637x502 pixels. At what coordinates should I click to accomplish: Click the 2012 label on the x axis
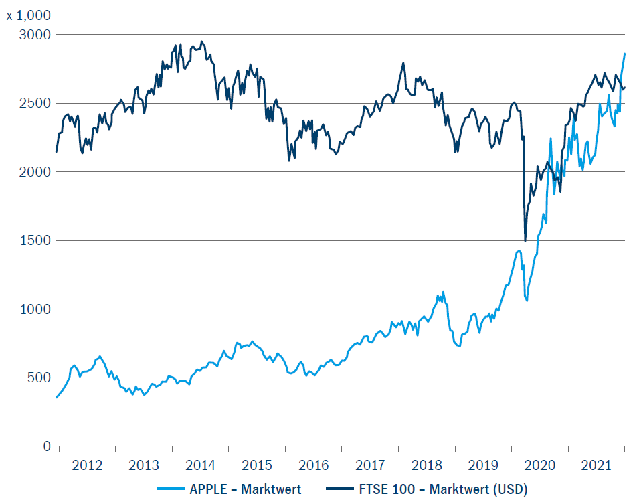[87, 465]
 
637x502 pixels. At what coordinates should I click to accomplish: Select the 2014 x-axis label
[200, 465]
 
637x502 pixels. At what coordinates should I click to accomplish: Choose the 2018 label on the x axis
[427, 465]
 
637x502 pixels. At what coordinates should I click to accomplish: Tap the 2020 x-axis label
[540, 465]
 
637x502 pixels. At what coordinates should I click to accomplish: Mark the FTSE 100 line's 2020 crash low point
[525, 241]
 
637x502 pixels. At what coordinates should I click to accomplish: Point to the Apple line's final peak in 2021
[625, 54]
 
